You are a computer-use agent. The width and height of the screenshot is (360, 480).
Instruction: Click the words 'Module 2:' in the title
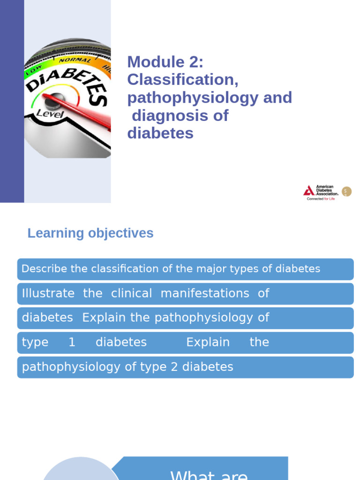click(x=165, y=62)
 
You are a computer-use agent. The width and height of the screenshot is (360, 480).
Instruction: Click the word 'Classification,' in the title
click(x=183, y=80)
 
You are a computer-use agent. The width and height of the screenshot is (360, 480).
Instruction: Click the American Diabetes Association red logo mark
click(x=308, y=191)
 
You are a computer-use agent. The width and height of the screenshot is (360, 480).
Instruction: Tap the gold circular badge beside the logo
click(x=346, y=191)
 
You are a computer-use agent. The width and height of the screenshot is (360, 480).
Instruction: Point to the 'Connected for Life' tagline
click(x=321, y=199)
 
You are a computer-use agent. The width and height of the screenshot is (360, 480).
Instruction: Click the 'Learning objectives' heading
click(x=90, y=233)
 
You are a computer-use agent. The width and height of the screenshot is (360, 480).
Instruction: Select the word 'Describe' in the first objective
click(x=44, y=269)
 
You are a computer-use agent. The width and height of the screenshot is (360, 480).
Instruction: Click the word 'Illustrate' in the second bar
click(x=48, y=293)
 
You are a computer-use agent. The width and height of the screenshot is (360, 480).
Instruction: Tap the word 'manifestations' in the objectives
click(x=205, y=293)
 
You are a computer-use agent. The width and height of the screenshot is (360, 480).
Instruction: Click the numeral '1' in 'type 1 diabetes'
click(x=72, y=342)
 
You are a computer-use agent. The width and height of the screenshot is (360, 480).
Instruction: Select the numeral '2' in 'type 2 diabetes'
click(x=174, y=367)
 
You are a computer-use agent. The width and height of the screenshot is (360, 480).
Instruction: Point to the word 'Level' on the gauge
click(x=50, y=113)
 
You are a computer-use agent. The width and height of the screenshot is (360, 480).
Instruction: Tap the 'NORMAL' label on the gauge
click(x=75, y=60)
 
